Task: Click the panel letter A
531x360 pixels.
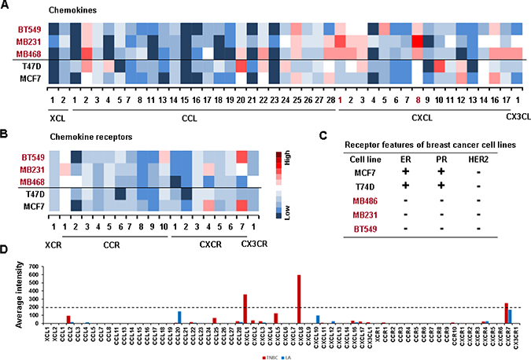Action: [6, 6]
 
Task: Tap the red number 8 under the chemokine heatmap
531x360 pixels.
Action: [417, 100]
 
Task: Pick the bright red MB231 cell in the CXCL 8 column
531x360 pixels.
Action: [418, 41]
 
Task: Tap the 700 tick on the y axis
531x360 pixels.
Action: [35, 266]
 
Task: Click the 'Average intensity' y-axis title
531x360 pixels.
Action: [11, 292]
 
